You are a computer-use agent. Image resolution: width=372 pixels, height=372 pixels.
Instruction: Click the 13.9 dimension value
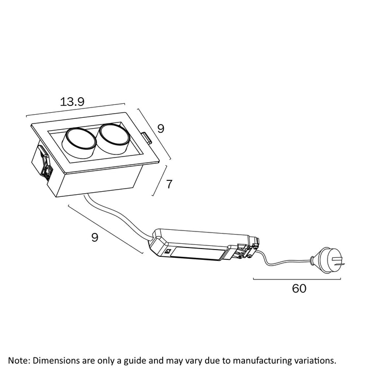click(72, 101)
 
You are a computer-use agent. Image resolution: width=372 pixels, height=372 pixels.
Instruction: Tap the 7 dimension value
click(169, 184)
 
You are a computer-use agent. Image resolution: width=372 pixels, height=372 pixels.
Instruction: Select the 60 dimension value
click(299, 288)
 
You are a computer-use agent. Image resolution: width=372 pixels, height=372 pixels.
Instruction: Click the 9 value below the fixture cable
click(95, 237)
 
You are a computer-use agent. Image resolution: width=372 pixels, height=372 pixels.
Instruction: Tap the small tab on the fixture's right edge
click(147, 138)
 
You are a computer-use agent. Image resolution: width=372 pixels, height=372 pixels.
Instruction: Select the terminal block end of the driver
click(247, 248)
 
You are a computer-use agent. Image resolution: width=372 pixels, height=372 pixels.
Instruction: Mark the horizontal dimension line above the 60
click(297, 279)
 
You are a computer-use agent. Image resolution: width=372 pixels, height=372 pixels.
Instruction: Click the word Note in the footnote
click(18, 360)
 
